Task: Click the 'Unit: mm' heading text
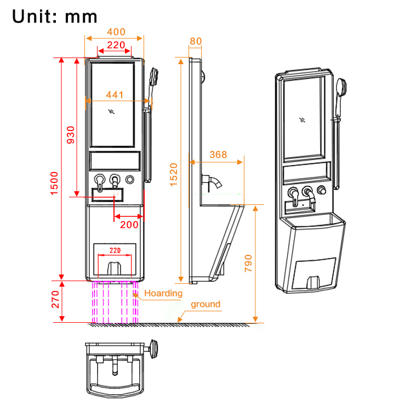[55, 16]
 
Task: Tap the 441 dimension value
[115, 95]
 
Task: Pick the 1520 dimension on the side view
[174, 174]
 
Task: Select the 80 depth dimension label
[196, 41]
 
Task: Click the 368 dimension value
[218, 155]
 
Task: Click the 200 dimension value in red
[129, 225]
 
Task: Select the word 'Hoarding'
[163, 293]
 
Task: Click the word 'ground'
[206, 304]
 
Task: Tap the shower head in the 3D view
[342, 88]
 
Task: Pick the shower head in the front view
[154, 77]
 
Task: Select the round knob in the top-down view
[155, 349]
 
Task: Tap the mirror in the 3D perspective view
[304, 119]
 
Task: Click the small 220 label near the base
[115, 250]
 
